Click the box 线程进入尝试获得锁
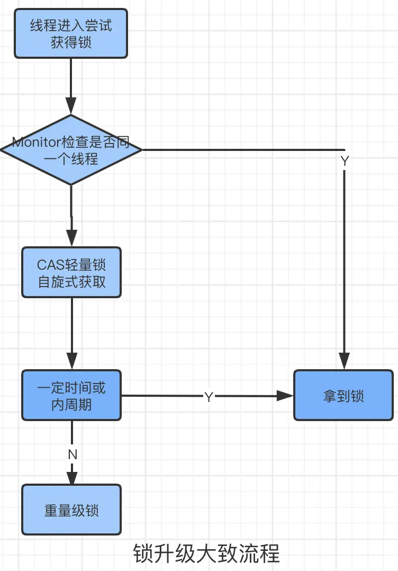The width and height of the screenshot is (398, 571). pyautogui.click(x=71, y=33)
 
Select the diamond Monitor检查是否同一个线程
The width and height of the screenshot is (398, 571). pyautogui.click(x=71, y=150)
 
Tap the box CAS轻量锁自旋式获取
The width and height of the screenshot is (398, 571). pyautogui.click(x=71, y=272)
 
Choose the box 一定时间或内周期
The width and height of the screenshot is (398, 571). pyautogui.click(x=71, y=396)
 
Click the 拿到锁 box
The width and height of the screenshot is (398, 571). pyautogui.click(x=343, y=396)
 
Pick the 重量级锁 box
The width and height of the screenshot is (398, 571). pyautogui.click(x=71, y=510)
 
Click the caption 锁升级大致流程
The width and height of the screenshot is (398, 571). pyautogui.click(x=206, y=554)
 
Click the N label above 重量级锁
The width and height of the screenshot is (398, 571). pyautogui.click(x=73, y=454)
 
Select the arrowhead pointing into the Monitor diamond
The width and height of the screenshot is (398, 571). pyautogui.click(x=71, y=106)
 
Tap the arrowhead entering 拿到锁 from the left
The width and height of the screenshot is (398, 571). pyautogui.click(x=286, y=396)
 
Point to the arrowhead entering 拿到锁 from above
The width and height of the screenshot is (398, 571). pyautogui.click(x=345, y=362)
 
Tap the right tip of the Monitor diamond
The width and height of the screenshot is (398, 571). pyautogui.click(x=141, y=150)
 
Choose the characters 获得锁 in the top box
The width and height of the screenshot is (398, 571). pyautogui.click(x=71, y=42)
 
